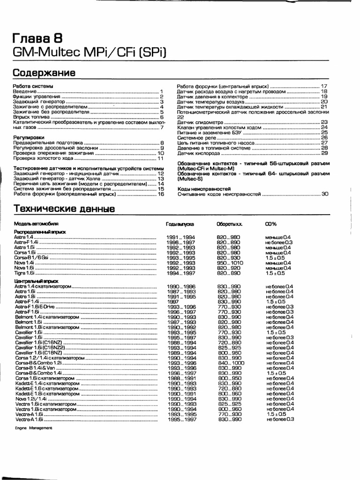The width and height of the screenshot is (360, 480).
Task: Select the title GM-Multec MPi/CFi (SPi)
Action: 89,51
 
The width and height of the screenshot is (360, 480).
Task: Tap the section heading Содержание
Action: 44,73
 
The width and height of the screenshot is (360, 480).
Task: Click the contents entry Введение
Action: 24,92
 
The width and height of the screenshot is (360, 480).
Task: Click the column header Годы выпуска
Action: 180,224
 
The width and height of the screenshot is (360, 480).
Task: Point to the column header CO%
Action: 271,224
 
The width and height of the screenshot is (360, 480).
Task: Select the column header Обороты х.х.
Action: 229,224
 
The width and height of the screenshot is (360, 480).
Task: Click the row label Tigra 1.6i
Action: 24,273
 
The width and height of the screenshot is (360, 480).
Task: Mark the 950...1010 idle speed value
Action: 229,262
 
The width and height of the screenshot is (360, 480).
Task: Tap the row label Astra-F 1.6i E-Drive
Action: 35,306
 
